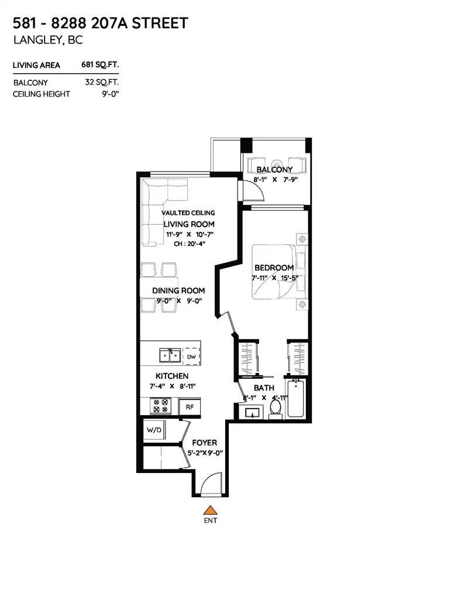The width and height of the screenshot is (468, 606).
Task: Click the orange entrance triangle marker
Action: (210, 510)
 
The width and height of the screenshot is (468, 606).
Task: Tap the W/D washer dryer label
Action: (154, 430)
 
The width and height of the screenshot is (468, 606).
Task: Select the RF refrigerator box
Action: (190, 406)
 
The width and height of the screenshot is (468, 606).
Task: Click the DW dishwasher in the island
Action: (191, 357)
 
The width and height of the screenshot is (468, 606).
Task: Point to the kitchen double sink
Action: (170, 355)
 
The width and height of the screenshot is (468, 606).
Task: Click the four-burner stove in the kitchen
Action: (161, 406)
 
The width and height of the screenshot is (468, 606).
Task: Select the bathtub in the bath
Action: (296, 399)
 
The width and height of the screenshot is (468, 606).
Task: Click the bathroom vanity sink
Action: (252, 412)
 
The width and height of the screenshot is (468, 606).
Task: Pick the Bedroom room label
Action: (274, 268)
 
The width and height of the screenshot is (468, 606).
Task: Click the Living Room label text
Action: (189, 224)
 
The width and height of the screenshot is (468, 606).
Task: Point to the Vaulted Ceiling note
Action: (188, 213)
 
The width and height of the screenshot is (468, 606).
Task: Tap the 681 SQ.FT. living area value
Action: (99, 64)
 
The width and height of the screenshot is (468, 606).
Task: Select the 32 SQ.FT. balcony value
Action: (102, 83)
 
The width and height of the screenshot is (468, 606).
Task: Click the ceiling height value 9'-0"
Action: (111, 94)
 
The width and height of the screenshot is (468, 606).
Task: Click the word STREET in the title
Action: (160, 23)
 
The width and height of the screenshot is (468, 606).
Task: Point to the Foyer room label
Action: (204, 443)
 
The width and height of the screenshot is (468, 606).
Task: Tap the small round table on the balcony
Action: (277, 165)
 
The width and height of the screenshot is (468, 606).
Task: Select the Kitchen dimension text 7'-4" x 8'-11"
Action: (172, 386)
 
